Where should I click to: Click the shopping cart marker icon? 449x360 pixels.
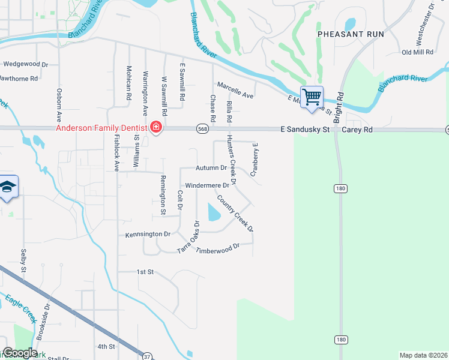pos(312,97)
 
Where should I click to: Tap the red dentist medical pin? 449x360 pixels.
pos(156,127)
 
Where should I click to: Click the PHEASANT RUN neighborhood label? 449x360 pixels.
pos(350,34)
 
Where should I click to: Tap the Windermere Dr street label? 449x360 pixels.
pos(207,186)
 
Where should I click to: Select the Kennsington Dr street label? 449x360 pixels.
pos(148,234)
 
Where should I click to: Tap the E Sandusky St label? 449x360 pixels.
pos(305,129)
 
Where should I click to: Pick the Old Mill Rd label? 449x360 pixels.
pos(417,52)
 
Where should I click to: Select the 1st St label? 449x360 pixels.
pos(145,272)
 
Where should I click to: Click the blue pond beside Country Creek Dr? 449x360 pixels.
pos(214,212)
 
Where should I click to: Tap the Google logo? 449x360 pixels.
pos(20,353)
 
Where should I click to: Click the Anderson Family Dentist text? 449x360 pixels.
pos(101,128)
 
